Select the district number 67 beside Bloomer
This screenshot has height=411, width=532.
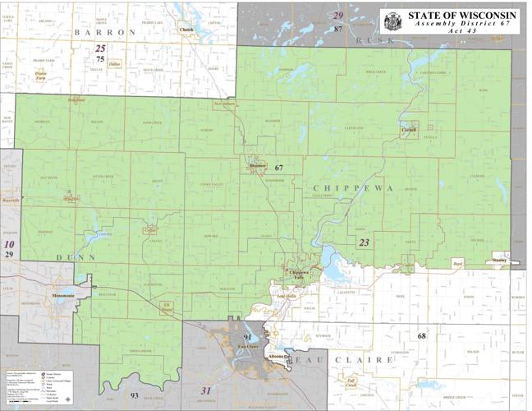coord(278,168)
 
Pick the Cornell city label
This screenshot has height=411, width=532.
coord(409,130)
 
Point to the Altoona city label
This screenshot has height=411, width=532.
coord(277,357)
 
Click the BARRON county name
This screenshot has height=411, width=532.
coord(104,31)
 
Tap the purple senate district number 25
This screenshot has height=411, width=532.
coord(100,48)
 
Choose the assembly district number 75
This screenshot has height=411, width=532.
coord(100,59)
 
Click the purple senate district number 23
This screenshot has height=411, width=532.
coord(364,242)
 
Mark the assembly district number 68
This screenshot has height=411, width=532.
coord(421,335)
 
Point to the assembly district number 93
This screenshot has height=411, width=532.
coord(134,396)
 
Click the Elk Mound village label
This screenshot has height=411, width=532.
coord(167,308)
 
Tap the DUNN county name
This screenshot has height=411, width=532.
coord(70,257)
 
